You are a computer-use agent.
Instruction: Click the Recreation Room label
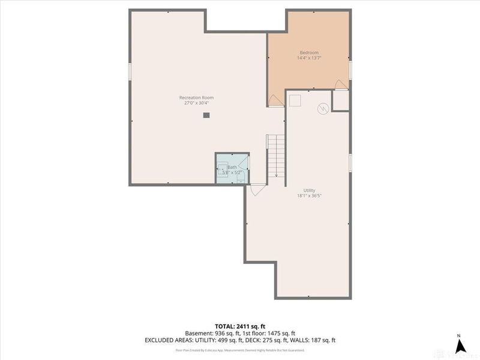196,98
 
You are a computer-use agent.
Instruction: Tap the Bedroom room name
309,52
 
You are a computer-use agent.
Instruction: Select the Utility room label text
309,190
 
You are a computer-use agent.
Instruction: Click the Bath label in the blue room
232,167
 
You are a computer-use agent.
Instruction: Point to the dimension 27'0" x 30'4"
196,103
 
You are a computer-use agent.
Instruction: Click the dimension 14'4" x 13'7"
309,58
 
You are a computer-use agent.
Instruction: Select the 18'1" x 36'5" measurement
309,196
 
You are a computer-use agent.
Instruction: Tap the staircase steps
275,155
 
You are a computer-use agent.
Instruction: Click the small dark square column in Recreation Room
206,115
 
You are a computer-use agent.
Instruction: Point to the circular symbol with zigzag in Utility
323,109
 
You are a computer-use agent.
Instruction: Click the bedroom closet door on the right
341,85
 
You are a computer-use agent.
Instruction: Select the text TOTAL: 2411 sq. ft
239,326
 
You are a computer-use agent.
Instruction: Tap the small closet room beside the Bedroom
341,100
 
